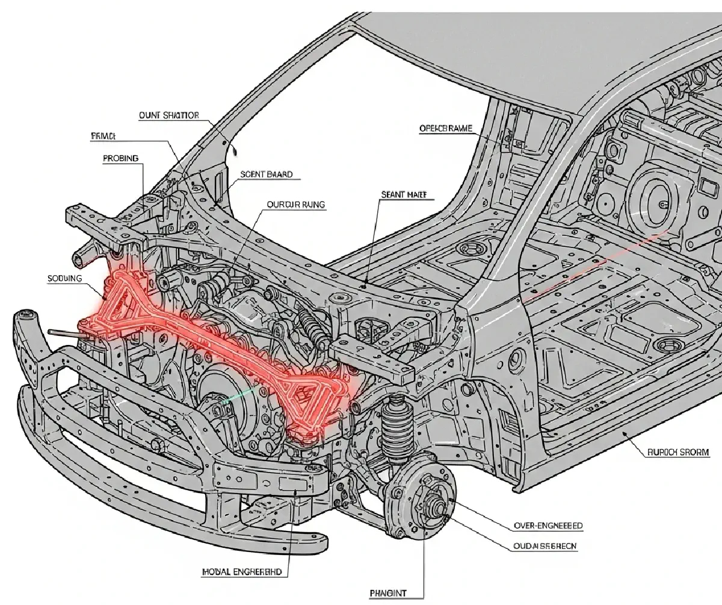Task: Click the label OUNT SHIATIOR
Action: click(x=168, y=116)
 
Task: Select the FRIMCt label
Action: click(x=106, y=137)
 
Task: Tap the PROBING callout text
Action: click(x=120, y=158)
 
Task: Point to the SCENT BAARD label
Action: click(x=266, y=175)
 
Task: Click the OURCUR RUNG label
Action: click(x=295, y=205)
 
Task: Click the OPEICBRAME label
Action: click(x=445, y=128)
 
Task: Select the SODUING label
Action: click(x=64, y=279)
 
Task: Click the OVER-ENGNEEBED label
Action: click(x=548, y=526)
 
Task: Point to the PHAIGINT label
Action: click(x=388, y=593)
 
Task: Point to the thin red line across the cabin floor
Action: click(x=596, y=265)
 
